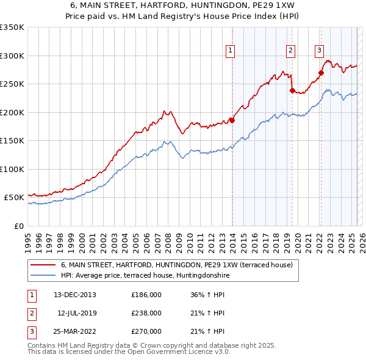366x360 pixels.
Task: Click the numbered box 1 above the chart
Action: tap(231, 51)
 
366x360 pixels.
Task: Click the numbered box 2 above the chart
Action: tap(290, 51)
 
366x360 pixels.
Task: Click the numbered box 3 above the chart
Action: tap(320, 51)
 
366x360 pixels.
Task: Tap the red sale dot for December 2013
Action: tap(232, 120)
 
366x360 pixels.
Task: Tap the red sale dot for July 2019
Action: tap(292, 91)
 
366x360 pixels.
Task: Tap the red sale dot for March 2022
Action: tap(321, 73)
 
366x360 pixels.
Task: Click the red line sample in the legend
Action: tap(44, 265)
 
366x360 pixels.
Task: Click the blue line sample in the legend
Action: tap(44, 275)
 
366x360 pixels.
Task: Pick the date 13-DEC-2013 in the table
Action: tap(75, 295)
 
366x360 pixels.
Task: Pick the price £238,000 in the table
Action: tap(146, 313)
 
